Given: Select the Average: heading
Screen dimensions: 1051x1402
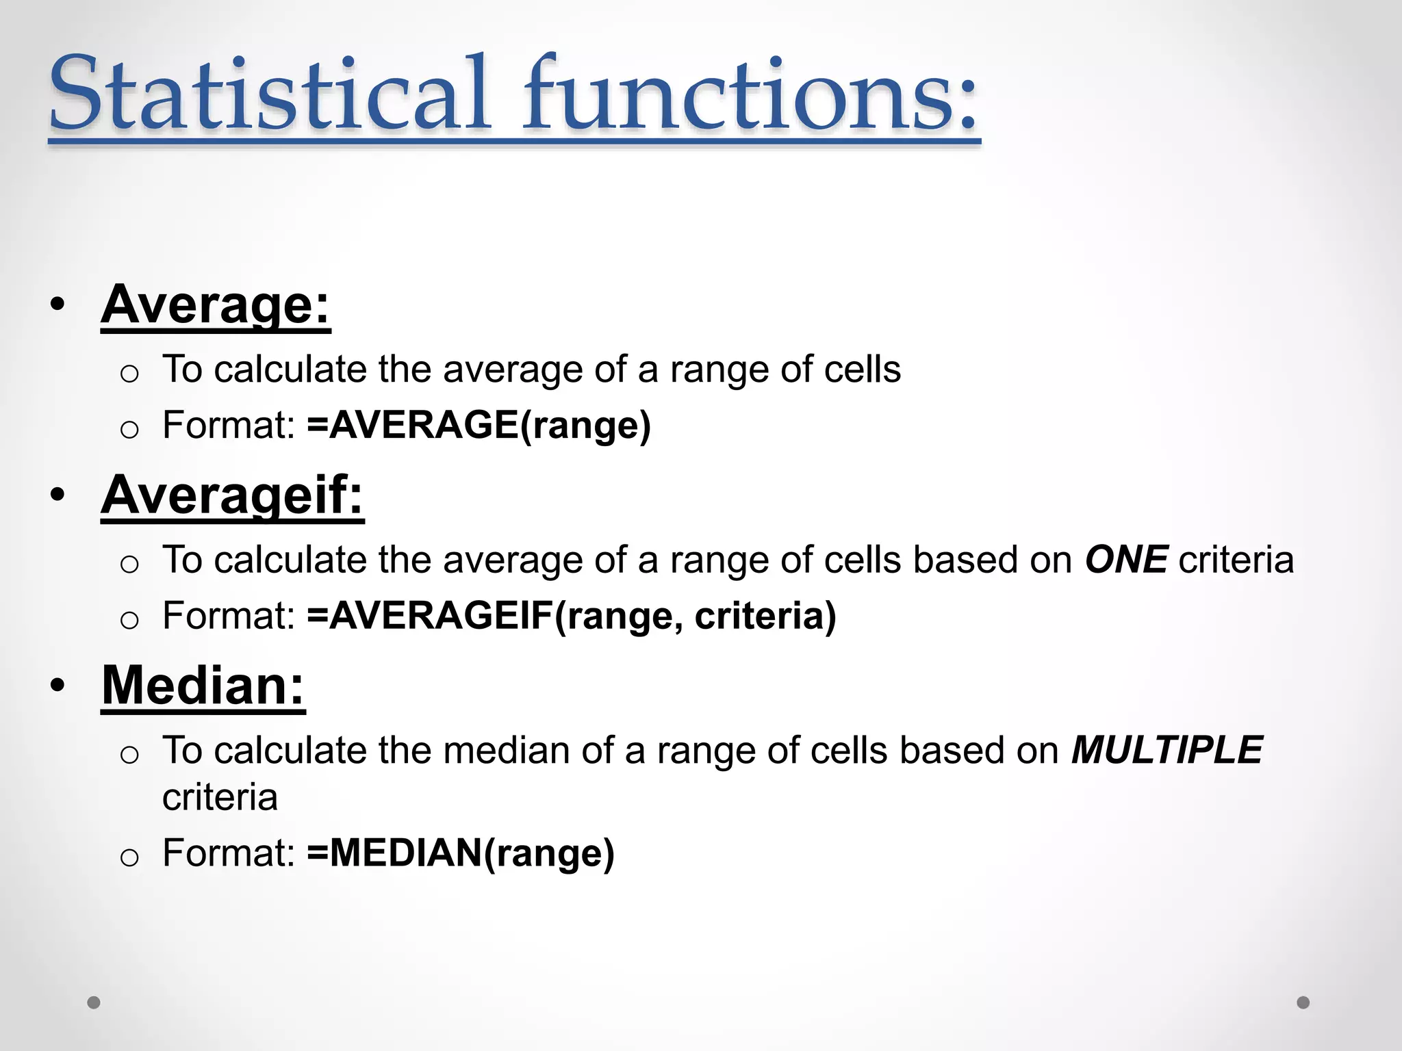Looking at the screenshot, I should (216, 305).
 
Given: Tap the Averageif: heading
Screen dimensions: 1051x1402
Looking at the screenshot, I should (232, 495).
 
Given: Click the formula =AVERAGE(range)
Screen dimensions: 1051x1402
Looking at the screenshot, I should (479, 426).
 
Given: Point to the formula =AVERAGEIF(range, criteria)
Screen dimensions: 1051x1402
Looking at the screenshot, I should (572, 616).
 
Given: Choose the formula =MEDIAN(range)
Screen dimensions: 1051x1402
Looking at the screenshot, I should (461, 853).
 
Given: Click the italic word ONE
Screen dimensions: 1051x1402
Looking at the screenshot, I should (1126, 560).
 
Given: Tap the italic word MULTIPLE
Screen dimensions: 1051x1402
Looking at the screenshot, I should (1167, 750).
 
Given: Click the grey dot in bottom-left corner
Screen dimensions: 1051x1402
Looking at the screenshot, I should (94, 1002).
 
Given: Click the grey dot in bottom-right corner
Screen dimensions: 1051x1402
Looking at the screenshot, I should (1303, 1002).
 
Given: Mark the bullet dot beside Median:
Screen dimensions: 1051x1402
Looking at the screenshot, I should (58, 686).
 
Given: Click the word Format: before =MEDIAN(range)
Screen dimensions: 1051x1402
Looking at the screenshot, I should (229, 853).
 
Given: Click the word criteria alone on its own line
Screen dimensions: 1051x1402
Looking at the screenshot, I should (220, 798).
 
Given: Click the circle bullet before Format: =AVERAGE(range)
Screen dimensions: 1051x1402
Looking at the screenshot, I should (129, 430).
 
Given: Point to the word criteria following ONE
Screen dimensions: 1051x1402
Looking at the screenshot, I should (1236, 560).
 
